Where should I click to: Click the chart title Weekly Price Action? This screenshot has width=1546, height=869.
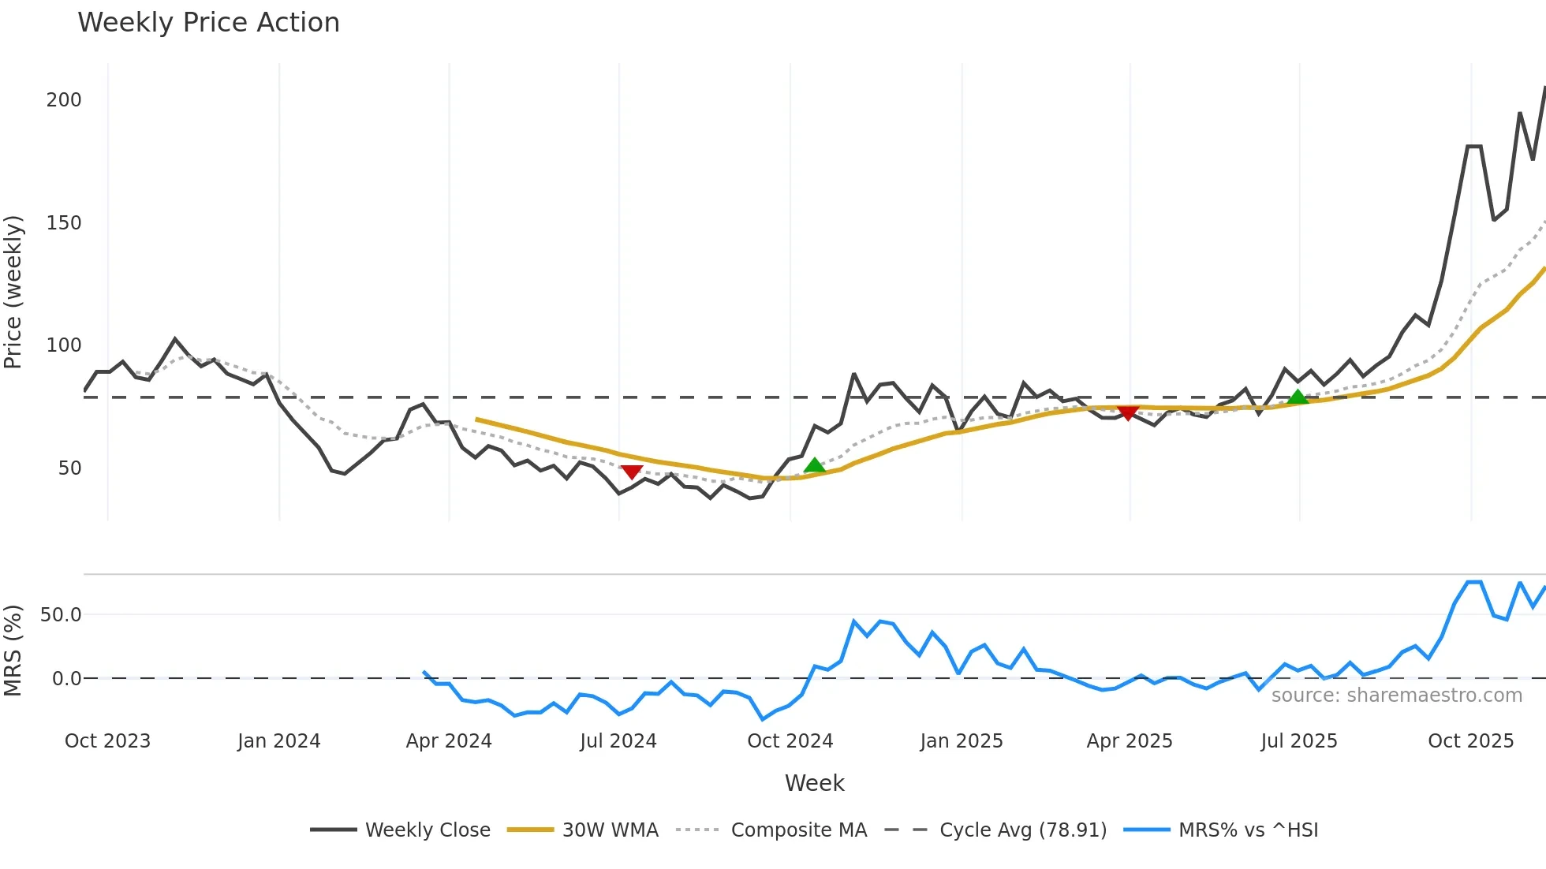pyautogui.click(x=208, y=23)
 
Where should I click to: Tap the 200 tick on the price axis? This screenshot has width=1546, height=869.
pyautogui.click(x=64, y=100)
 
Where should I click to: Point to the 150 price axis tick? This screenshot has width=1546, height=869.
pyautogui.click(x=64, y=223)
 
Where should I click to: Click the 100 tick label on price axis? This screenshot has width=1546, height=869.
pyautogui.click(x=64, y=345)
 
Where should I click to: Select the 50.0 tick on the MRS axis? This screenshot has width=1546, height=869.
pyautogui.click(x=61, y=615)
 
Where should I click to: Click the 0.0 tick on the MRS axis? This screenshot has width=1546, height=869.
pyautogui.click(x=66, y=679)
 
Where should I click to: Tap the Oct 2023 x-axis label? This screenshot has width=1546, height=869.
pyautogui.click(x=107, y=741)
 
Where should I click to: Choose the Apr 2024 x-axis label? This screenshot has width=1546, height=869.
pyautogui.click(x=449, y=741)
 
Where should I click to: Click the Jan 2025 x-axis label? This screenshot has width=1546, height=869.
pyautogui.click(x=962, y=741)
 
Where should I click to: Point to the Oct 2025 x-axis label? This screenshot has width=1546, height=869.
pyautogui.click(x=1471, y=741)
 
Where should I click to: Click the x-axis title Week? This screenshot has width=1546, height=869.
pyautogui.click(x=814, y=783)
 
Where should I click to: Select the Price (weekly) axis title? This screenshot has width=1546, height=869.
pyautogui.click(x=13, y=292)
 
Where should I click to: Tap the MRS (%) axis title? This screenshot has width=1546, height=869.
pyautogui.click(x=13, y=651)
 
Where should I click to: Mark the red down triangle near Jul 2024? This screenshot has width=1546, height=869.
pyautogui.click(x=631, y=472)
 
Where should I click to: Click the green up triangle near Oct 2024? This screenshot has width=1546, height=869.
pyautogui.click(x=814, y=466)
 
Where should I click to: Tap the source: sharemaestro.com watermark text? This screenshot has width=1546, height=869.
pyautogui.click(x=1396, y=696)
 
